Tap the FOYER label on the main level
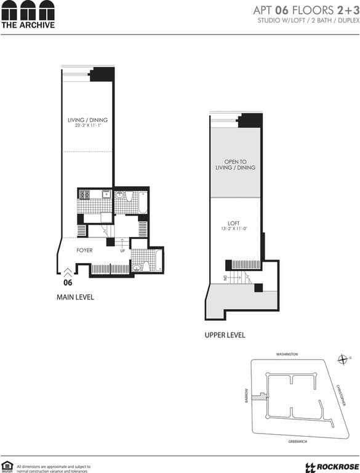click(x=84, y=251)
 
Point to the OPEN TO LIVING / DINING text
click(x=235, y=164)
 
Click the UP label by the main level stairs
click(x=122, y=251)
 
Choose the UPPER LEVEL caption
click(x=225, y=335)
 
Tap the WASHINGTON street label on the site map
click(x=286, y=355)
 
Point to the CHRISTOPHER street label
click(x=342, y=395)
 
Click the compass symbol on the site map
click(x=343, y=359)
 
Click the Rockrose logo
click(x=329, y=466)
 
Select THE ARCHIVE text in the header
click(x=28, y=25)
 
